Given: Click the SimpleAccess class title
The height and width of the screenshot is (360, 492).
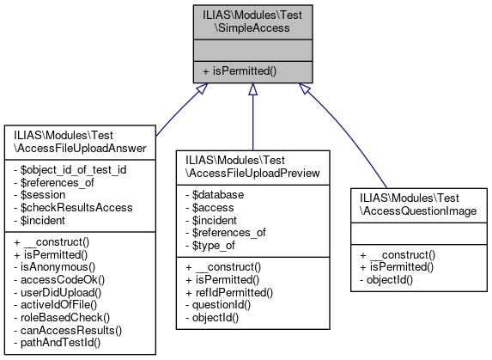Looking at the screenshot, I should [252, 21].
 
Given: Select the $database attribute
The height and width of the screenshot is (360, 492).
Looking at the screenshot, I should [216, 195].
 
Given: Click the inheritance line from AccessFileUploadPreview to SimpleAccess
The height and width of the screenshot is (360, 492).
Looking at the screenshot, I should [252, 120].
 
